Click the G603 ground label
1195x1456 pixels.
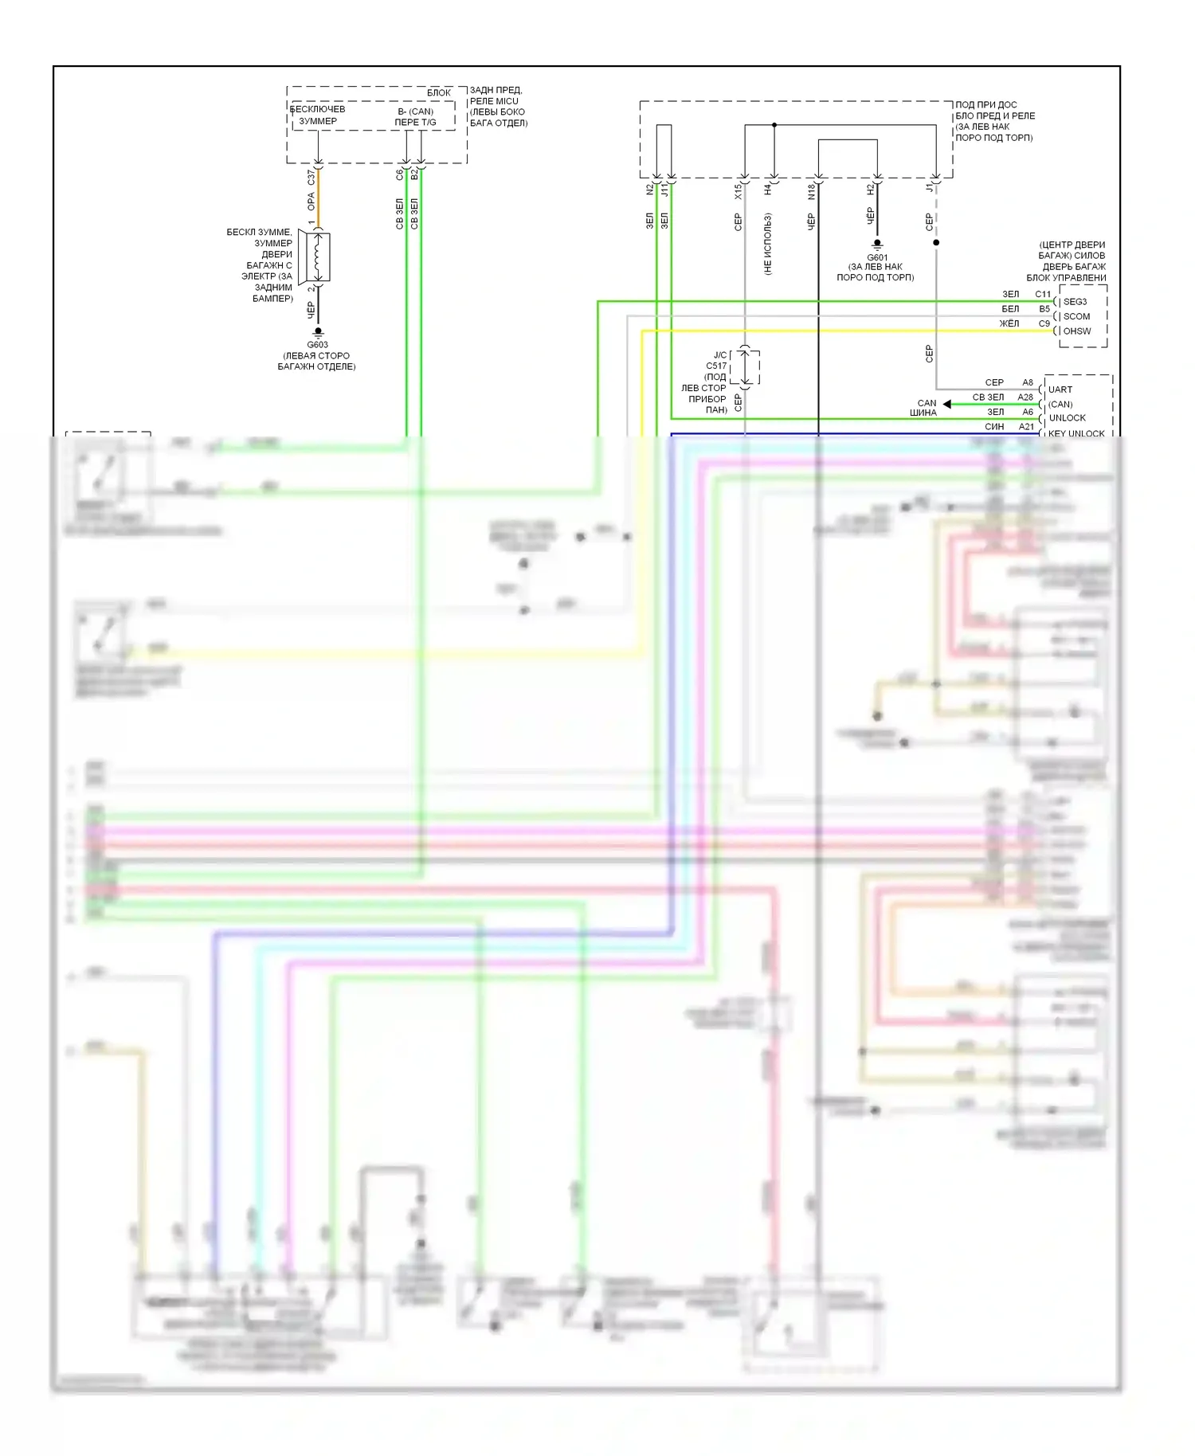click(317, 345)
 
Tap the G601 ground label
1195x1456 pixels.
click(876, 257)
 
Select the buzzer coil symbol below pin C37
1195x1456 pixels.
click(318, 256)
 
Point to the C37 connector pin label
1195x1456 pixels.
click(311, 177)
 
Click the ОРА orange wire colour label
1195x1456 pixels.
click(311, 202)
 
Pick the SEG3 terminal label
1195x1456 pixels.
click(1075, 302)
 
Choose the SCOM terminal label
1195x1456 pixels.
click(1076, 316)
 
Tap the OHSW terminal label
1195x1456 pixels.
click(1077, 331)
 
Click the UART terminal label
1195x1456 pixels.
click(1060, 389)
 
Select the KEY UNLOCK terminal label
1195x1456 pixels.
click(1076, 433)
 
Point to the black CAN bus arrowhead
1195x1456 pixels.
click(946, 404)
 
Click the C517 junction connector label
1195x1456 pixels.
click(716, 366)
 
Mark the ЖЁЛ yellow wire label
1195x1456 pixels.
click(1009, 323)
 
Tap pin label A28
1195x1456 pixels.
click(1025, 397)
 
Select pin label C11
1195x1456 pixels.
click(1043, 294)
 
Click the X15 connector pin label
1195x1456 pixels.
click(738, 191)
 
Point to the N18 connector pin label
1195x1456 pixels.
click(811, 192)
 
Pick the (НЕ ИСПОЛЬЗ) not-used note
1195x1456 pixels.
click(767, 244)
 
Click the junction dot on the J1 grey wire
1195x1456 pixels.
click(936, 242)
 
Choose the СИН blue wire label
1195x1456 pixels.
click(994, 427)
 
